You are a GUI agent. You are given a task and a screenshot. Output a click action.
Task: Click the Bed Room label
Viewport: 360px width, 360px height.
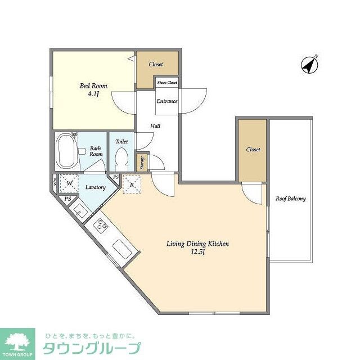pos(93,86)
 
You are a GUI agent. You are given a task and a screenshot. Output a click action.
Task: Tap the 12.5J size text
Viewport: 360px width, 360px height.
pos(197,253)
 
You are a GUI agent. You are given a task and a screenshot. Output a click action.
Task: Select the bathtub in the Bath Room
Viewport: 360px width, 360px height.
pos(67,151)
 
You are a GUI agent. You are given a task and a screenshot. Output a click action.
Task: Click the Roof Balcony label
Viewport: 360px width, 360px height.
pos(290,199)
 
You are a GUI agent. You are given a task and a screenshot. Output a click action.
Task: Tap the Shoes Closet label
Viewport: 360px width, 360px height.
pos(167,83)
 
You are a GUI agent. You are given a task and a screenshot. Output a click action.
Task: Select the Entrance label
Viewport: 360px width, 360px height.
pos(167,101)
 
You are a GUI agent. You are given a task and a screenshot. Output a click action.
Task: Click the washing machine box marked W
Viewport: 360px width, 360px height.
pos(69,184)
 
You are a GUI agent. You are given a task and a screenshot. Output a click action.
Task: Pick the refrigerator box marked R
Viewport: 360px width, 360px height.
pos(132,184)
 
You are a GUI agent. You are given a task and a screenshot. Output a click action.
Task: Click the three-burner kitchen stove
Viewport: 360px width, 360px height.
pos(101,226)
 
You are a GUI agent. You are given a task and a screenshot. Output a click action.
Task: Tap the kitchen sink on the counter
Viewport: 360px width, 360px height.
pos(122,247)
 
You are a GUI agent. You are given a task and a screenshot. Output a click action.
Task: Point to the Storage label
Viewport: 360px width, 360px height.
pos(142,163)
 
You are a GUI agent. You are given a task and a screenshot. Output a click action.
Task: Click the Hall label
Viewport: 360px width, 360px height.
pos(155,126)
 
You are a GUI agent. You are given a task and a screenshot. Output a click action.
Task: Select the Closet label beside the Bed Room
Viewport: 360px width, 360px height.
pos(156,64)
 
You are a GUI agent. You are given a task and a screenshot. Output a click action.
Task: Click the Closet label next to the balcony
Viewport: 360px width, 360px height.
pos(252,150)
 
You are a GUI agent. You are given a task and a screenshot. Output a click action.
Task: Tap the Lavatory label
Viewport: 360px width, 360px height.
pos(96,188)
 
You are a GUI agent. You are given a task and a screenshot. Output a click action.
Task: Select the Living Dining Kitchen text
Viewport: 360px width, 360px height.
pos(197,244)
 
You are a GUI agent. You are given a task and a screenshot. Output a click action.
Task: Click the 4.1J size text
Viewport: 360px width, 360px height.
pos(93,94)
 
